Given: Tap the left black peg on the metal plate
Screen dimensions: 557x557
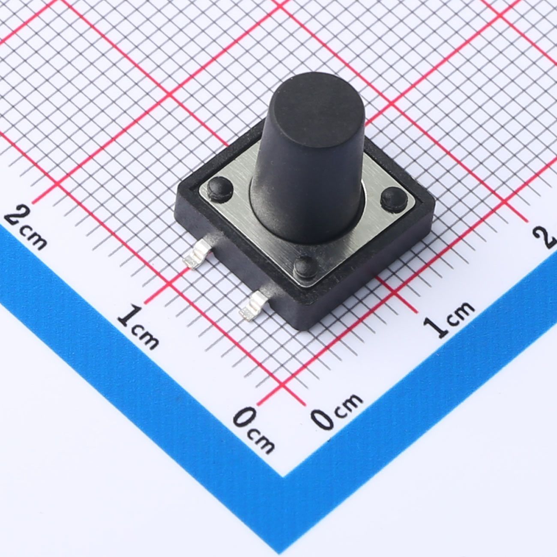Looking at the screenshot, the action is point(220,189).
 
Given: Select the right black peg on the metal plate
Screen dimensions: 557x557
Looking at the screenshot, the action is point(394,199).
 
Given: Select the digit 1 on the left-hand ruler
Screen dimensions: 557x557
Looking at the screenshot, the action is point(130,317).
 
